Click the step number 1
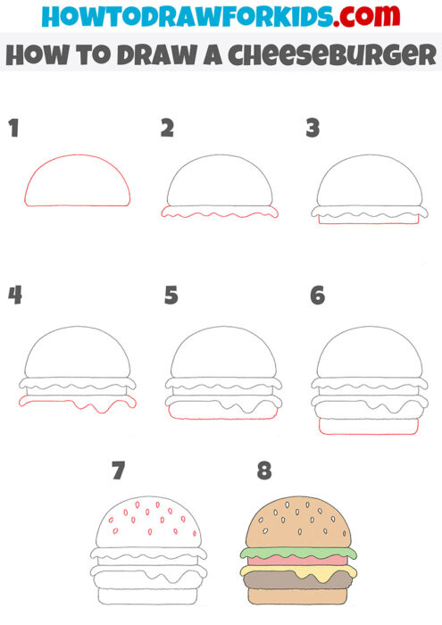click(13, 129)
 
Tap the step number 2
click(167, 129)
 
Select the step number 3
click(313, 129)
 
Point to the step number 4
click(13, 295)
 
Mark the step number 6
click(317, 295)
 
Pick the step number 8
click(263, 470)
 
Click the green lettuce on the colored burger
click(297, 553)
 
